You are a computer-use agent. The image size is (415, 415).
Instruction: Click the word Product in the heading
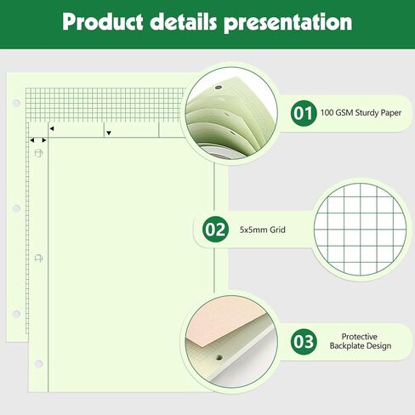point(102,22)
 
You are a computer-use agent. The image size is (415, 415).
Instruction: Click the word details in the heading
point(184,21)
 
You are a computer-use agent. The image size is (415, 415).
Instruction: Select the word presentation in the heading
point(288,23)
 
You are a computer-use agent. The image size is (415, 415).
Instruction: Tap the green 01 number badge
point(304,113)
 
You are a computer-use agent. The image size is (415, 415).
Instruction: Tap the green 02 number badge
point(215,230)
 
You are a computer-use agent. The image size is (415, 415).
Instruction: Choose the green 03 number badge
point(304,342)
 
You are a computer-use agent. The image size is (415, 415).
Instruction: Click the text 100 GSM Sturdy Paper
point(361,113)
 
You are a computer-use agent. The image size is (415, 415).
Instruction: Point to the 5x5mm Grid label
point(263,230)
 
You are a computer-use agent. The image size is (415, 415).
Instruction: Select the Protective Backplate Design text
point(360,341)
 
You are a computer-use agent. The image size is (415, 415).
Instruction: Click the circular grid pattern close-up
point(361,230)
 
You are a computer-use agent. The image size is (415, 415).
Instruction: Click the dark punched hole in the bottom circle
point(219,358)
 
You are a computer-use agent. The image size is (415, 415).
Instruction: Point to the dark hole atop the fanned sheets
point(218,88)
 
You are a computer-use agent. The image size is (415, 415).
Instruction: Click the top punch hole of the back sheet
point(16,103)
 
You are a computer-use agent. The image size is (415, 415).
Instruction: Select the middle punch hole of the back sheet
point(16,208)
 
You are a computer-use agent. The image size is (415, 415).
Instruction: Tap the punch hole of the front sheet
point(38,364)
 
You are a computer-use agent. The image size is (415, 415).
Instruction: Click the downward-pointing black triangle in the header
point(109,133)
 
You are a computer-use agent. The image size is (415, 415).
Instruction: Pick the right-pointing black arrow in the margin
point(44,140)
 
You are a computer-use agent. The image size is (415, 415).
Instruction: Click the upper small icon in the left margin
point(38,153)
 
